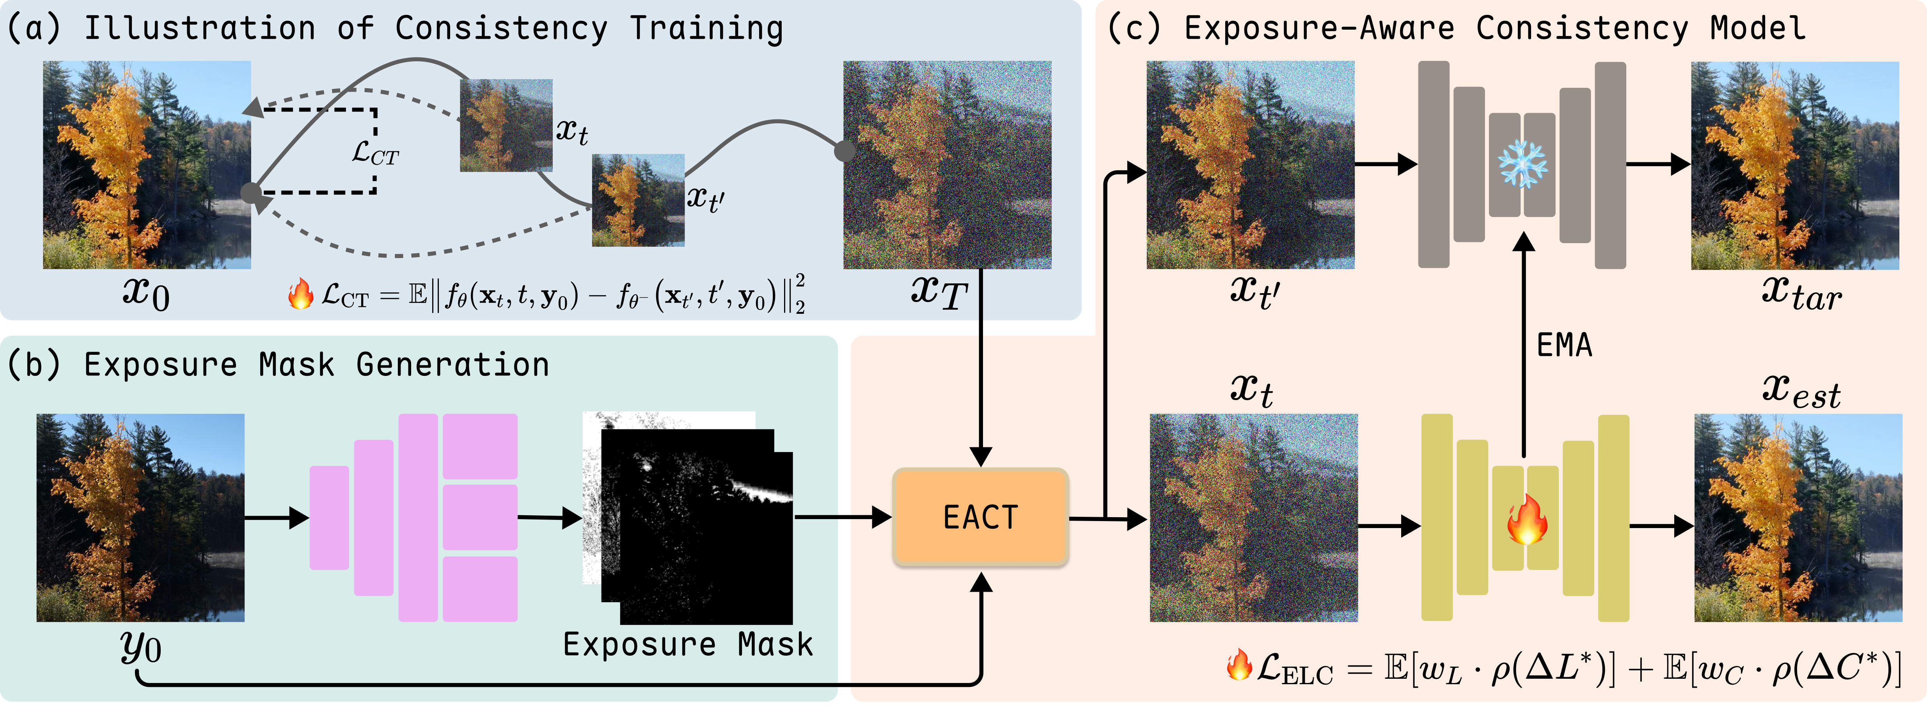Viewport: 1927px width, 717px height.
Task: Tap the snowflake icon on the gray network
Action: (1523, 165)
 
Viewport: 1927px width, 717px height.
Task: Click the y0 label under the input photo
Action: (141, 648)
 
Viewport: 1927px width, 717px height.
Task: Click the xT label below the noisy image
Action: (939, 292)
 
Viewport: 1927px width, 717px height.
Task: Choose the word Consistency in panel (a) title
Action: (501, 28)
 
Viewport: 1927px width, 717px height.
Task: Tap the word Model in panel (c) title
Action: (1758, 28)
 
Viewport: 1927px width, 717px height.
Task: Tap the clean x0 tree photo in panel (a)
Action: (147, 165)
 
